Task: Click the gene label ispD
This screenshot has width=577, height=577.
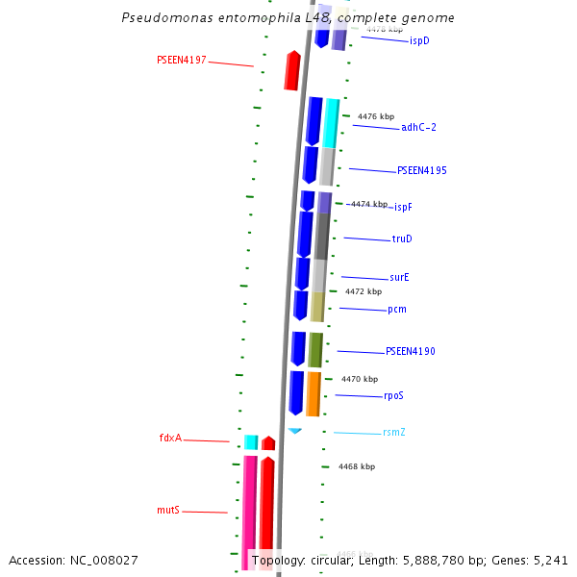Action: coord(419,40)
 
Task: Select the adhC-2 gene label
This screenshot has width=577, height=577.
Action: coord(419,127)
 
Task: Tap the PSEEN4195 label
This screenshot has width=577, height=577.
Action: coord(421,170)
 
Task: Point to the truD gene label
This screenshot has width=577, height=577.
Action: coord(402,238)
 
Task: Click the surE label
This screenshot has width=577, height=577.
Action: coord(399,277)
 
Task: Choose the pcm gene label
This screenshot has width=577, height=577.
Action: coord(396,309)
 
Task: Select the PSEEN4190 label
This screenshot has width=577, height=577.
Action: coord(410,352)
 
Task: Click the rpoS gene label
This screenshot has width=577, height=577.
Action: coord(393,395)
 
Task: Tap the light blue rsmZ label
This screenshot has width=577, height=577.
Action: coord(393,432)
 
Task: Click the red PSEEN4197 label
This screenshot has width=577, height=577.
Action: coord(182,60)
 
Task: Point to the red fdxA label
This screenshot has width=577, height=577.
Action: coord(170,438)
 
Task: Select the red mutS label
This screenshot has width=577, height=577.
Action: coord(168,510)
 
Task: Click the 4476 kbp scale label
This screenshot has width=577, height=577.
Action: coord(376,116)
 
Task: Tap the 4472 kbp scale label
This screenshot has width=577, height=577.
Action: coord(364,291)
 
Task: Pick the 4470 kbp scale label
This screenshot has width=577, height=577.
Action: coord(360,379)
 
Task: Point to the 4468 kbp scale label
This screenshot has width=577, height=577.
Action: coord(356,466)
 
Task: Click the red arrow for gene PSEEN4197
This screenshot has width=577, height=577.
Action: coord(292,71)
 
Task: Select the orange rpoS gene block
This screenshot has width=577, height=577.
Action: coord(313,393)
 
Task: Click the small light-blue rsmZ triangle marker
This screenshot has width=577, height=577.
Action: coord(295,430)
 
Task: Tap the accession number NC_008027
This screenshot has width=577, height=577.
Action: coord(73,560)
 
